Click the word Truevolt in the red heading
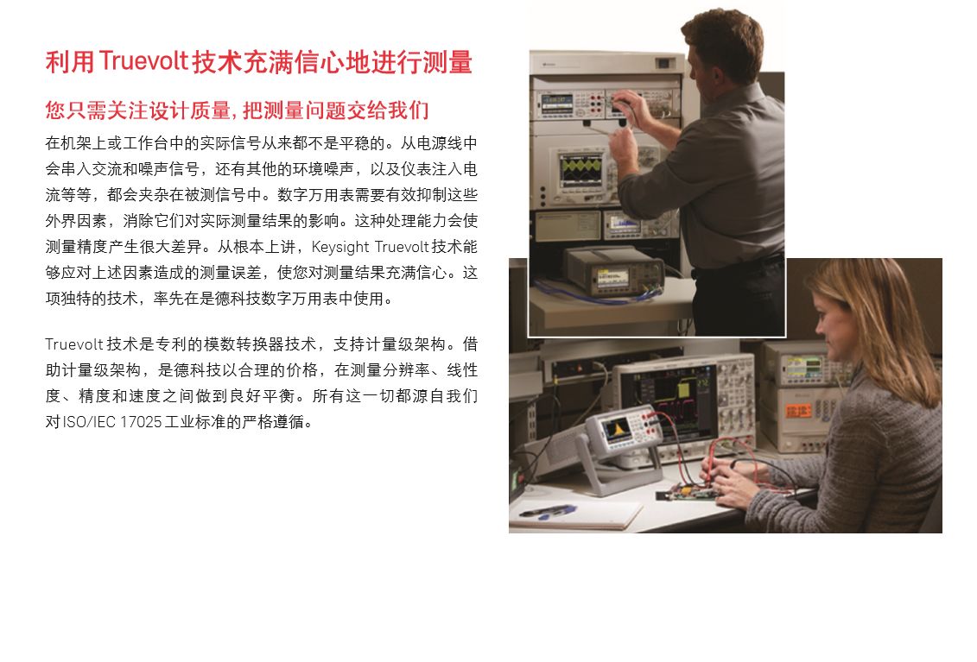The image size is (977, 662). coord(143,61)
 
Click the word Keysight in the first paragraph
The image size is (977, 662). coord(340,247)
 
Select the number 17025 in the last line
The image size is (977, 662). coord(141,422)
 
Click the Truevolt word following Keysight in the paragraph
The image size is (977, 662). coord(403,247)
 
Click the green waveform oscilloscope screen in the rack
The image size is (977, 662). coord(581,170)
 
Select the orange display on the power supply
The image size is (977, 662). coord(798,410)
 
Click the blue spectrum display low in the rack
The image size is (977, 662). coord(624,223)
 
